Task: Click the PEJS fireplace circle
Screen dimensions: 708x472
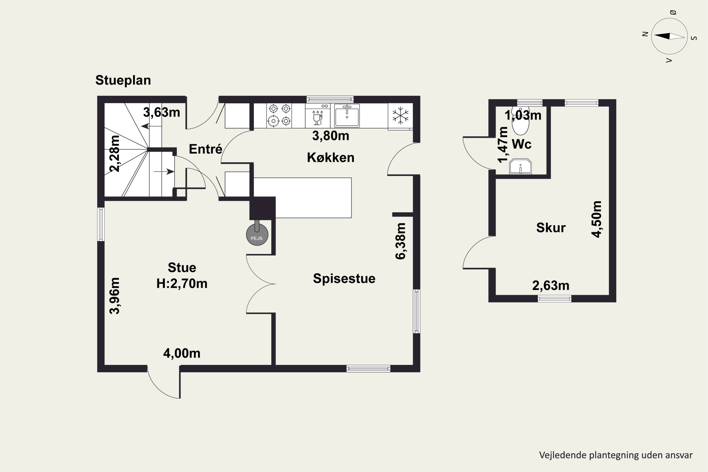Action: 257,235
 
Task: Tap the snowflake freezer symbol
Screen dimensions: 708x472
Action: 400,115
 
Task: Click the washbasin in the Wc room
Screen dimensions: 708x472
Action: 520,166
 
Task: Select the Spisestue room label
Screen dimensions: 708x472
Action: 344,278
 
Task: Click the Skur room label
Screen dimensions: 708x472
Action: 551,228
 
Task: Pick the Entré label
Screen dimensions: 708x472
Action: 206,149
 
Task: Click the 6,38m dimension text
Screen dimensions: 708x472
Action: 401,241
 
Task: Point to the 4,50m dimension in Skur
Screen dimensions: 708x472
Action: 596,219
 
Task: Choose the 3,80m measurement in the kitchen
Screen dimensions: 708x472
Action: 331,136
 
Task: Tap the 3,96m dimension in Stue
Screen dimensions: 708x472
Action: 114,296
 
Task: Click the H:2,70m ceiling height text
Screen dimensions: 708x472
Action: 182,284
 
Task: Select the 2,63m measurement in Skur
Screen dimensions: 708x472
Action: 551,286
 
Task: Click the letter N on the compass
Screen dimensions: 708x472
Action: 645,34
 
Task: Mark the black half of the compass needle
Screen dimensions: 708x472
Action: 662,36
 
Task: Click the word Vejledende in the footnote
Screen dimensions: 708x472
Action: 564,455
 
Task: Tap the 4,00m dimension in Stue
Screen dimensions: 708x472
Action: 182,353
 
